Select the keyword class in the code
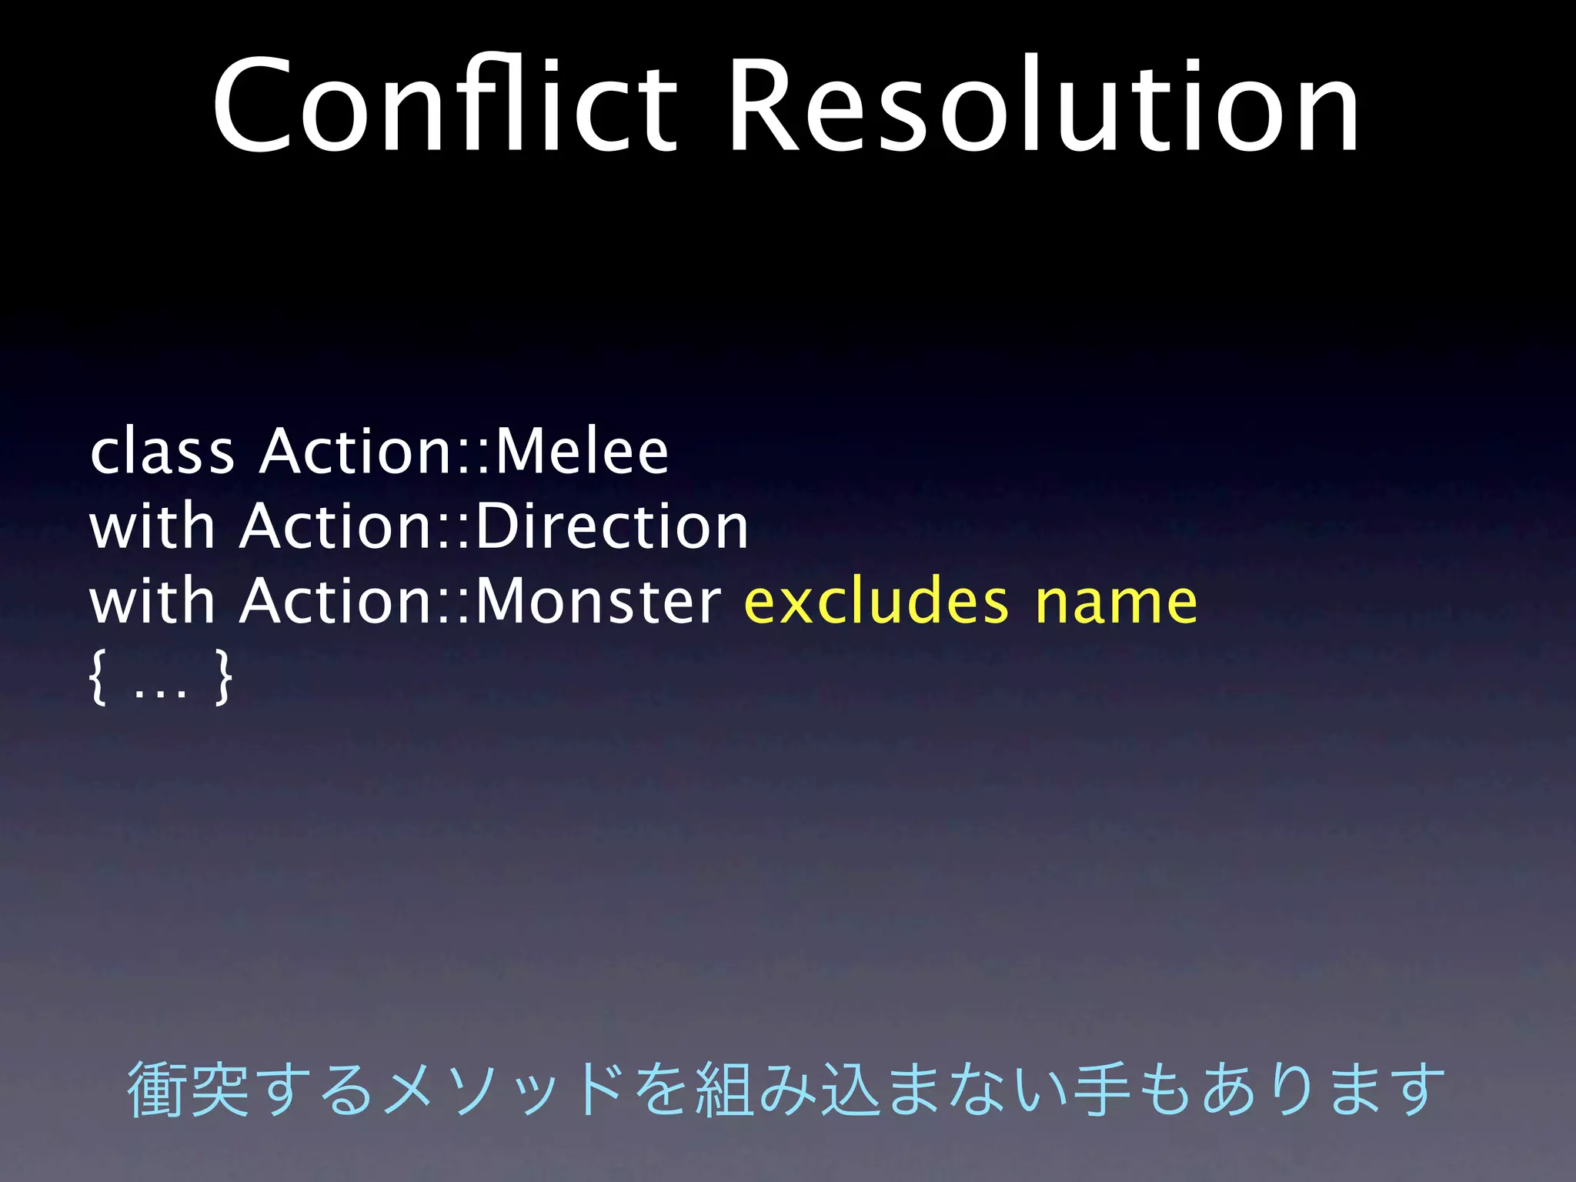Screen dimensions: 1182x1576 (162, 452)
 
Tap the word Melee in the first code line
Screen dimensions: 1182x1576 (582, 452)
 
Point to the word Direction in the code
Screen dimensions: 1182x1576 (613, 527)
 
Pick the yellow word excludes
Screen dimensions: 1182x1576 (876, 602)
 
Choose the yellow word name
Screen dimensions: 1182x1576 (1116, 602)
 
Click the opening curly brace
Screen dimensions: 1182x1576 (98, 677)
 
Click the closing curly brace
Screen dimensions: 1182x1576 (223, 677)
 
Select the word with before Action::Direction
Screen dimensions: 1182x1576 (152, 527)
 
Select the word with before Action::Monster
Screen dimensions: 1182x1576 (152, 602)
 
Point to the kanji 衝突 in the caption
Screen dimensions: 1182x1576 (189, 1088)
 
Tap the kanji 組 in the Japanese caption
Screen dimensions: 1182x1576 (724, 1088)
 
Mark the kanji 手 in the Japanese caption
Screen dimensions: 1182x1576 (1104, 1088)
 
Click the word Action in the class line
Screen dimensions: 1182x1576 (354, 452)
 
